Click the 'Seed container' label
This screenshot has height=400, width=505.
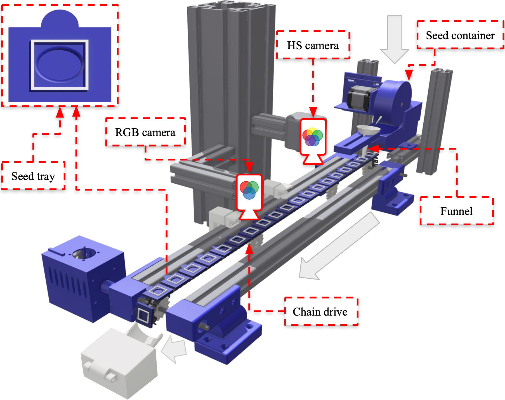[x=460, y=35]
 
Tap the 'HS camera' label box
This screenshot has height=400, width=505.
[x=313, y=45]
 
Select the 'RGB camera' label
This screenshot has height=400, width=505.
[x=145, y=132]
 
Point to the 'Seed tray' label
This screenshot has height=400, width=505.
[x=33, y=176]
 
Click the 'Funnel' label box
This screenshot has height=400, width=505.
[x=456, y=211]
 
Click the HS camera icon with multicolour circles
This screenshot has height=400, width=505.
[x=313, y=137]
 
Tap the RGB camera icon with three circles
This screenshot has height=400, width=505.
[x=249, y=190]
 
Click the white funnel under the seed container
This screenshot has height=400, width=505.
[x=368, y=130]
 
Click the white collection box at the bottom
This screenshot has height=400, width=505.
[x=119, y=363]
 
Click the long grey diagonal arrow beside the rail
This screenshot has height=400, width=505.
[x=338, y=246]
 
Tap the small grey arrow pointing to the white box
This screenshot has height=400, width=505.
[x=175, y=349]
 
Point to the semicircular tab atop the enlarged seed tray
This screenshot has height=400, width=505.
[x=60, y=19]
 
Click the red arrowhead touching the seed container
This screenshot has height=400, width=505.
[x=409, y=75]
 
